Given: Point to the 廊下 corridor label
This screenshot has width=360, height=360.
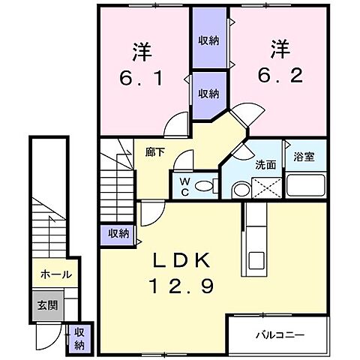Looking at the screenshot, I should coord(155,151).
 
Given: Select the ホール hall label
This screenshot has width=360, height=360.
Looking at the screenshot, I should coord(56,274).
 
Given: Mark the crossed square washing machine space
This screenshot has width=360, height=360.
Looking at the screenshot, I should coord(265,187).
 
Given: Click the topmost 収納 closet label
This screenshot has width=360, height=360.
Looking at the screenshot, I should coord(208,40).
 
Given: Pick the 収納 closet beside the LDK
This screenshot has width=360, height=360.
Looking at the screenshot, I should coord(116,234).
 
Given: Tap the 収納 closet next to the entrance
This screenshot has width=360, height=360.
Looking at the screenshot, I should coord(78,338).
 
